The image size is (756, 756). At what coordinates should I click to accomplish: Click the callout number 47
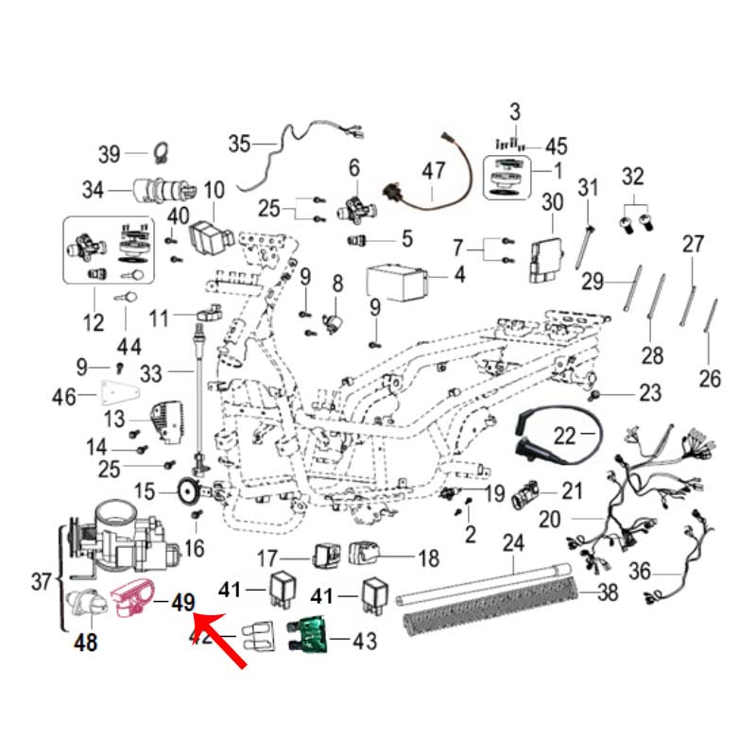[433, 172]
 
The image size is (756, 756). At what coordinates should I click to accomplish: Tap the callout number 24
[513, 544]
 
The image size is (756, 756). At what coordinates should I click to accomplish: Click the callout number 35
[239, 145]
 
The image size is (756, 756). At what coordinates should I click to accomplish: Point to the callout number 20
[549, 520]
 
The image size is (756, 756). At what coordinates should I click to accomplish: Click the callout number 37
[40, 582]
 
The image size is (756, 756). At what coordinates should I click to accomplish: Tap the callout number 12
[94, 323]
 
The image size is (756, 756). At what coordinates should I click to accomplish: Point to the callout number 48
[86, 644]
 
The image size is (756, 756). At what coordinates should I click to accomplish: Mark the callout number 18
[427, 558]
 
